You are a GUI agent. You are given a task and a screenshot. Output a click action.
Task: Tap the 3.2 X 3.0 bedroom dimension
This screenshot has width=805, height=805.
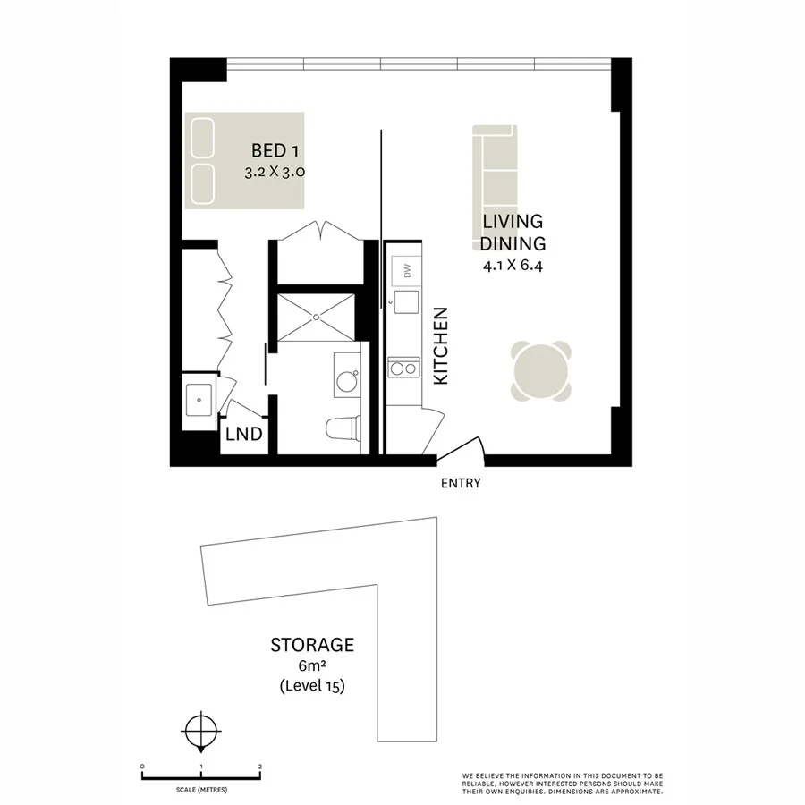pos(275,174)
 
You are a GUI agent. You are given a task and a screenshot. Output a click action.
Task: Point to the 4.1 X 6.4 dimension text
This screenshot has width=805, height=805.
pos(513,266)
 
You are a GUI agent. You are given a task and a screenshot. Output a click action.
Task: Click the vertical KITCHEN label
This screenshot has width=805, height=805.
pos(440,347)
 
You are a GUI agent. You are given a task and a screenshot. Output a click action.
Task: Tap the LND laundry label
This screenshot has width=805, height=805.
pos(243,435)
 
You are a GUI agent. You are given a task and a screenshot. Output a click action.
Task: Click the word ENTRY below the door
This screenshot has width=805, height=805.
pos(461,484)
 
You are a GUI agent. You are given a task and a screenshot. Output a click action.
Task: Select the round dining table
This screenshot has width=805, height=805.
pos(540,370)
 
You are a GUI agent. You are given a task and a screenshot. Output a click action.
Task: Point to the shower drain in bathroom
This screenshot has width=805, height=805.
pos(317,316)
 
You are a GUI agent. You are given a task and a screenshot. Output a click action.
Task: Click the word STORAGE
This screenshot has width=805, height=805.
pos(312,644)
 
